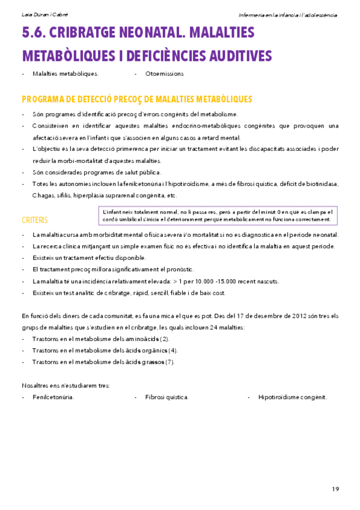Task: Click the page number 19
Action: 335,487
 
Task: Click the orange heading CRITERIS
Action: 34,219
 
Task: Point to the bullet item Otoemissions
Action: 164,74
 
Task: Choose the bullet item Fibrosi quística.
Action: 166,397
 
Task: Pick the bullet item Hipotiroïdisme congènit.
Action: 292,397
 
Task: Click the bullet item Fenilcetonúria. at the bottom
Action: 53,397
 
